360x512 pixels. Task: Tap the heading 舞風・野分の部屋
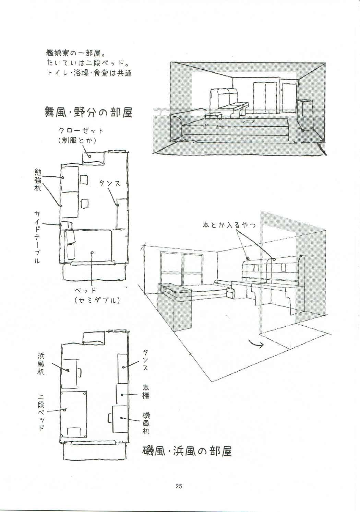click(88, 112)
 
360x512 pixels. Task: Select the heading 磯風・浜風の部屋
click(187, 451)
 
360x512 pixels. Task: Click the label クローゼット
click(81, 131)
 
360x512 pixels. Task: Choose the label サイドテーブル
click(37, 237)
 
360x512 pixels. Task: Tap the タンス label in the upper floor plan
click(110, 184)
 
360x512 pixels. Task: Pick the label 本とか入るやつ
click(229, 225)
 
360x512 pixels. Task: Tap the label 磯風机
click(146, 423)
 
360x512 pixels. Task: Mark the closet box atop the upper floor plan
click(93, 157)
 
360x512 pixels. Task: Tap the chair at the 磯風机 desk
click(110, 418)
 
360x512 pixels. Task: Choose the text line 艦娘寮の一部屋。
click(77, 54)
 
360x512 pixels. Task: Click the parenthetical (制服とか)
click(77, 140)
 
